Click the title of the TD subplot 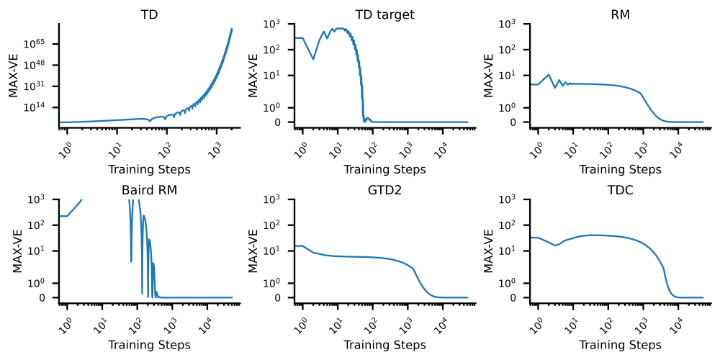(x=149, y=14)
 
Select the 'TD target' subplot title (x=384, y=14)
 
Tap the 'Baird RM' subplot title (x=149, y=190)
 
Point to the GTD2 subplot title (x=384, y=190)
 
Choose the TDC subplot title (x=621, y=190)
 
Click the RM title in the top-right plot (x=621, y=14)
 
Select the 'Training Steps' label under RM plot (x=621, y=170)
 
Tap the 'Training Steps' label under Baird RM (x=149, y=345)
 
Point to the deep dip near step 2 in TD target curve (x=313, y=59)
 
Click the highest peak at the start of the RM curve (x=549, y=74)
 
